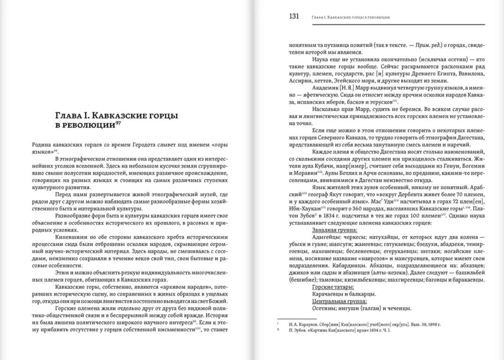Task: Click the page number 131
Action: point(294,17)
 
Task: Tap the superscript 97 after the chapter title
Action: point(117,124)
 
